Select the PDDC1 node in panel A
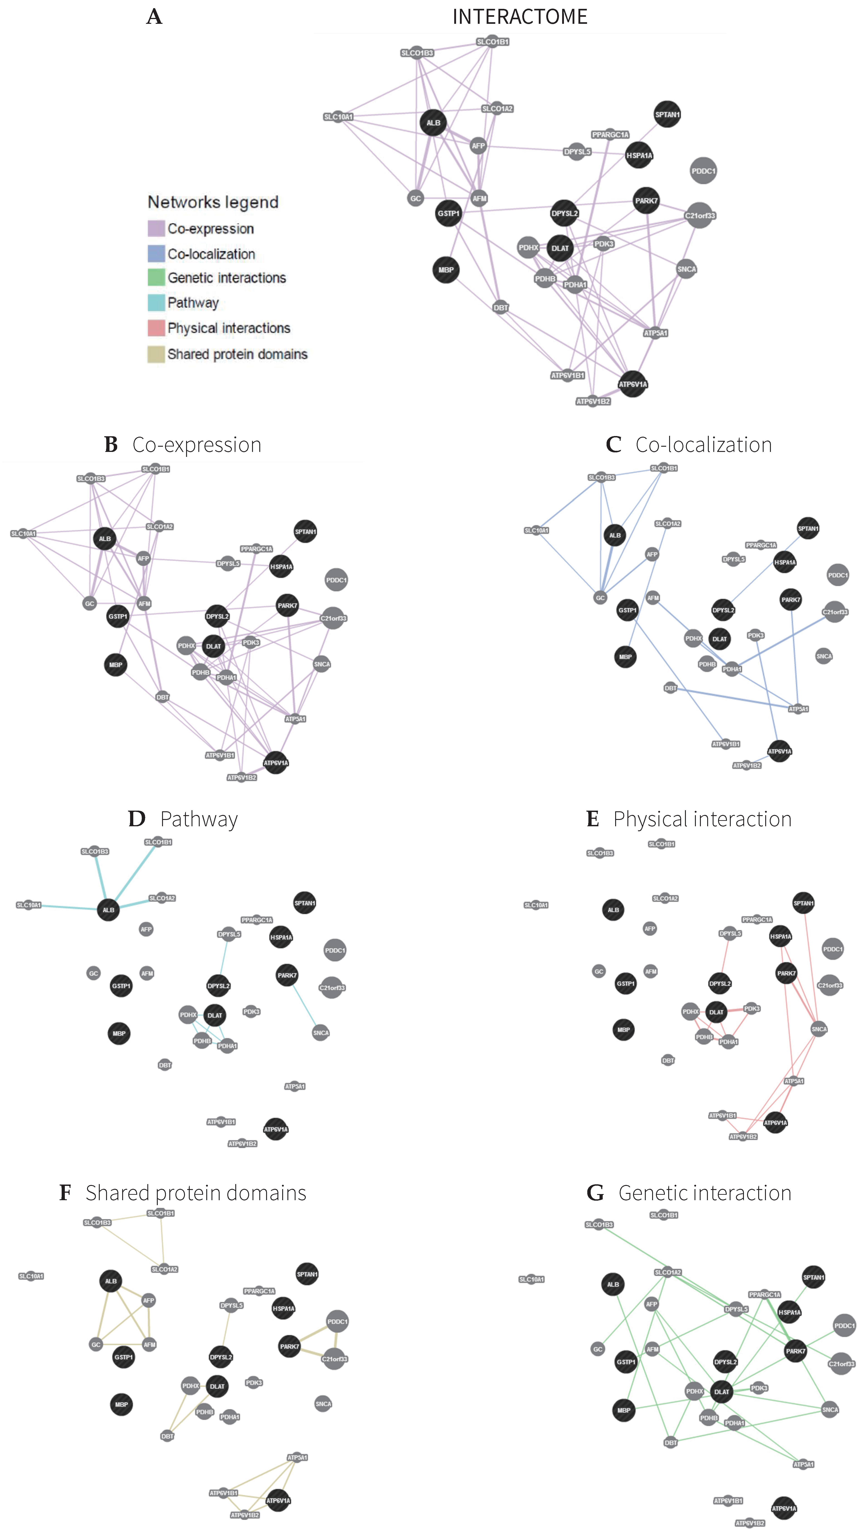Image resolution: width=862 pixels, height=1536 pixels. tap(703, 171)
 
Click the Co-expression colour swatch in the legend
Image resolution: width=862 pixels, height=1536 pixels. tap(156, 228)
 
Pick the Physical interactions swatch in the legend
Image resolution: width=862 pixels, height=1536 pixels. tap(156, 328)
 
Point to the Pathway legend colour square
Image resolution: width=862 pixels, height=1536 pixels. tap(156, 303)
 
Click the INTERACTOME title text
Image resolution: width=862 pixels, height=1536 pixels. tap(520, 17)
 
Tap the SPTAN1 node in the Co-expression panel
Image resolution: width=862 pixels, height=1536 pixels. tap(305, 531)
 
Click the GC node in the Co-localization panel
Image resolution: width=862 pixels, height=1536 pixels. tap(600, 597)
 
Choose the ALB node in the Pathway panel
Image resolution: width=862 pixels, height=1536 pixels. tap(108, 910)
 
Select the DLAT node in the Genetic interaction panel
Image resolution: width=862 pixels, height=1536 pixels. tap(721, 1392)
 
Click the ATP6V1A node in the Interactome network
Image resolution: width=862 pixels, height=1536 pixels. tap(632, 385)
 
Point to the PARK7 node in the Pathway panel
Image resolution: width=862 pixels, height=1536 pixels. tap(287, 975)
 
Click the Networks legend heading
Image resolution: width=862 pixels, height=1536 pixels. tap(213, 202)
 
